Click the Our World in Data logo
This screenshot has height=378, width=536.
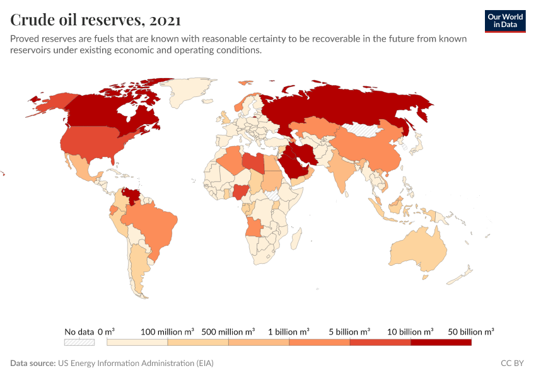(505, 21)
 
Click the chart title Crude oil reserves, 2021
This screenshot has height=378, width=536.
(96, 20)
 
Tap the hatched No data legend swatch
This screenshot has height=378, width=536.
(79, 342)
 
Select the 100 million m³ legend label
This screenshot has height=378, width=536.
(167, 331)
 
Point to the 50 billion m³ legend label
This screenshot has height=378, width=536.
(471, 331)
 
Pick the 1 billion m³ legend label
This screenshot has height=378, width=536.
(289, 331)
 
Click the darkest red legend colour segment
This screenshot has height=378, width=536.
(441, 342)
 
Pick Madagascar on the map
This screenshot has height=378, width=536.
(295, 239)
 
